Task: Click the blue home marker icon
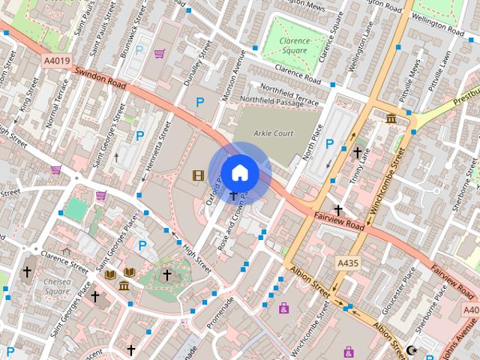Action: pos(239,173)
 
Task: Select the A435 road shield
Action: pos(347,263)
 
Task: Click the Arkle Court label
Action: pos(274,133)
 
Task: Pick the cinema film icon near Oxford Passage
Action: pos(197,175)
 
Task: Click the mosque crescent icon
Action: pos(410,350)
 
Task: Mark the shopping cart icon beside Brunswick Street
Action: pos(159,53)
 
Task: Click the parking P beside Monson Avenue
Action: pos(199,102)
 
